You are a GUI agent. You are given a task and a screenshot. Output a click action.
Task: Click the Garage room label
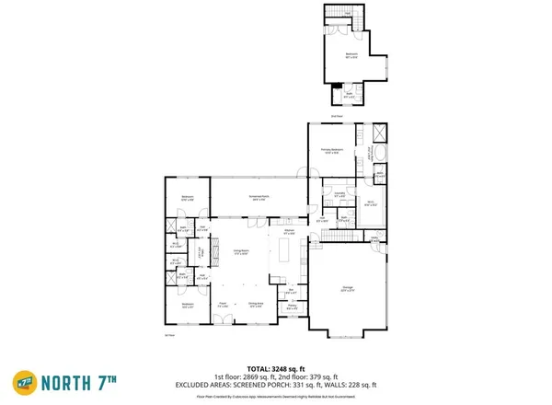tap(348, 291)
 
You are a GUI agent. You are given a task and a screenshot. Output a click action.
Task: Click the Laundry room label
tap(339, 195)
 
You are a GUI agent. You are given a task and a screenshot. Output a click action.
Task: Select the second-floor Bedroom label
tap(351, 56)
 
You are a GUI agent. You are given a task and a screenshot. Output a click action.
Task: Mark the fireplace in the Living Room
tap(215, 250)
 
